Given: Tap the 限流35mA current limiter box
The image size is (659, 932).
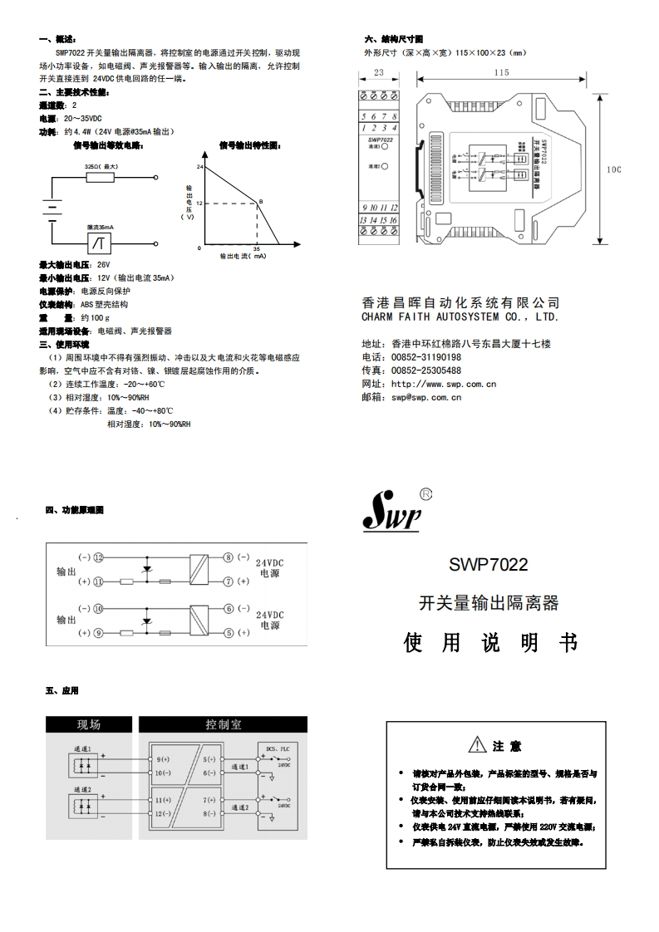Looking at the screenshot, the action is (101, 243).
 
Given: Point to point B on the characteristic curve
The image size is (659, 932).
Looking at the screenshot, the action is (258, 202).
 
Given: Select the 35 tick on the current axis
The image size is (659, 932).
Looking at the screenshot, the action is (256, 248).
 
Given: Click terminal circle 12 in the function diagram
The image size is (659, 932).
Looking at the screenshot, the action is (98, 557).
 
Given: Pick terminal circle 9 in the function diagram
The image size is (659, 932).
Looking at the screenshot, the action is (98, 632).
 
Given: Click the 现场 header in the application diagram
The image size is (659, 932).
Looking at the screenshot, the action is (89, 724).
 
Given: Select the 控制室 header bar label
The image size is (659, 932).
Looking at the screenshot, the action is (224, 724).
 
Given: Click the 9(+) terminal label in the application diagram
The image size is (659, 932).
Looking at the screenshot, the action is (163, 759).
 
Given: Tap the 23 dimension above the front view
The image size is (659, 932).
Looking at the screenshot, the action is (378, 73).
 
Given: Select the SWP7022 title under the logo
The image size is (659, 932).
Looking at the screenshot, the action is (489, 565).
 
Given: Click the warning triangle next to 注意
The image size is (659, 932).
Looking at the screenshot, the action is (476, 745).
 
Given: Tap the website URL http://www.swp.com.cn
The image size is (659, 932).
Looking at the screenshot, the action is (444, 384).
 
